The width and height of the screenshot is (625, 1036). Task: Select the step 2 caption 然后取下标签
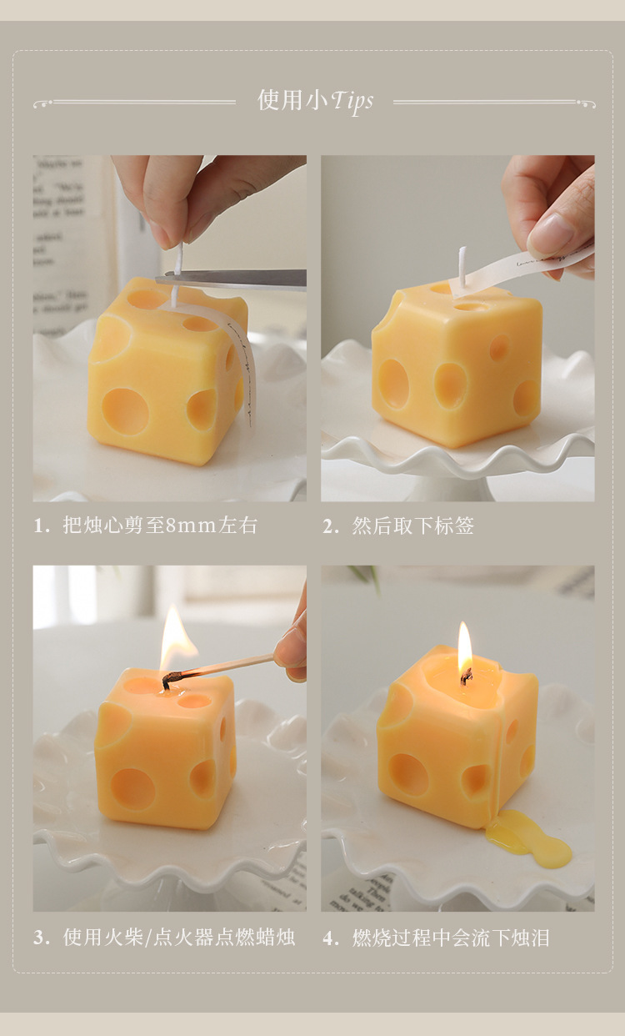[x=412, y=526]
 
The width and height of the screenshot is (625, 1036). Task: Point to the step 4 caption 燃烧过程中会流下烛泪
[x=450, y=938]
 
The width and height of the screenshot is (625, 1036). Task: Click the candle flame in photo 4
[x=464, y=646]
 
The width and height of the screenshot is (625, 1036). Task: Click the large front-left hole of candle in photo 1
[x=126, y=410]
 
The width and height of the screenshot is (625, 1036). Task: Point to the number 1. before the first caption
[x=42, y=526]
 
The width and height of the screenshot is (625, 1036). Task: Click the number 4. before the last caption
[x=331, y=938]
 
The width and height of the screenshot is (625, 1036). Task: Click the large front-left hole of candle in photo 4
[x=408, y=774]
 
